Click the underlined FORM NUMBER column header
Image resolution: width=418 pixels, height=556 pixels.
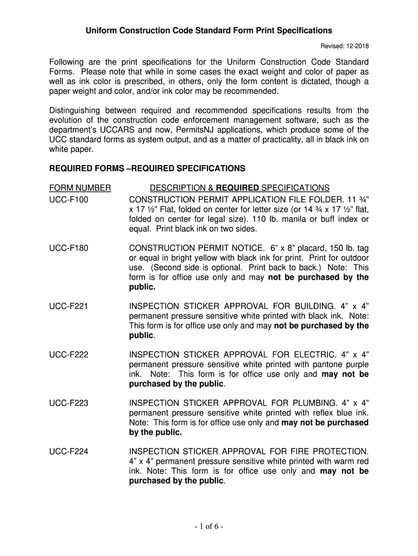click(x=80, y=188)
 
